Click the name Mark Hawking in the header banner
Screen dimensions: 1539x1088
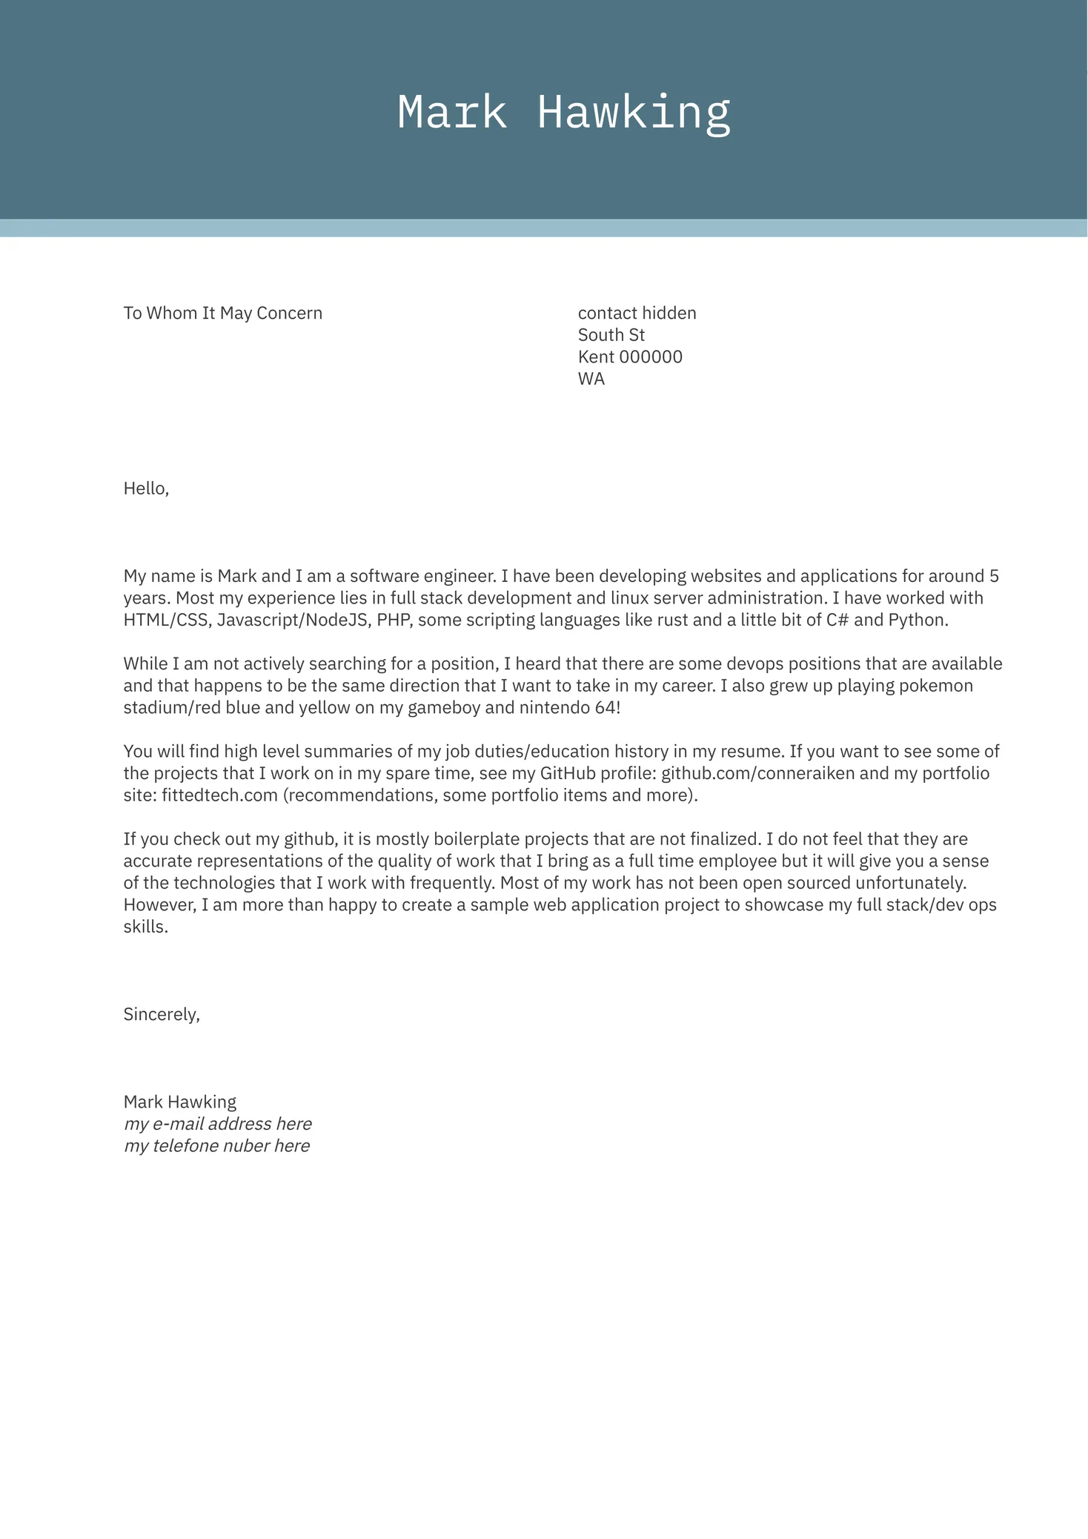563,113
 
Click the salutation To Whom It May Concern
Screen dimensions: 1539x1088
222,313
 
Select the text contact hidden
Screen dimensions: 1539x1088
637,313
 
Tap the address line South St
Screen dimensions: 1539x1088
611,335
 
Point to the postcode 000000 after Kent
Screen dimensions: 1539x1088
650,357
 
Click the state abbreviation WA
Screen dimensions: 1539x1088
591,379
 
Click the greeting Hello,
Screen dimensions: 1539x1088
146,489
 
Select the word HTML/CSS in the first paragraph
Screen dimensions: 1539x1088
167,620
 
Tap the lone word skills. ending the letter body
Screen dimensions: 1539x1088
145,927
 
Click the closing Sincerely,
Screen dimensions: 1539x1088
162,1014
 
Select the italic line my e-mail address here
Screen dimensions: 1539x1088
217,1124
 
